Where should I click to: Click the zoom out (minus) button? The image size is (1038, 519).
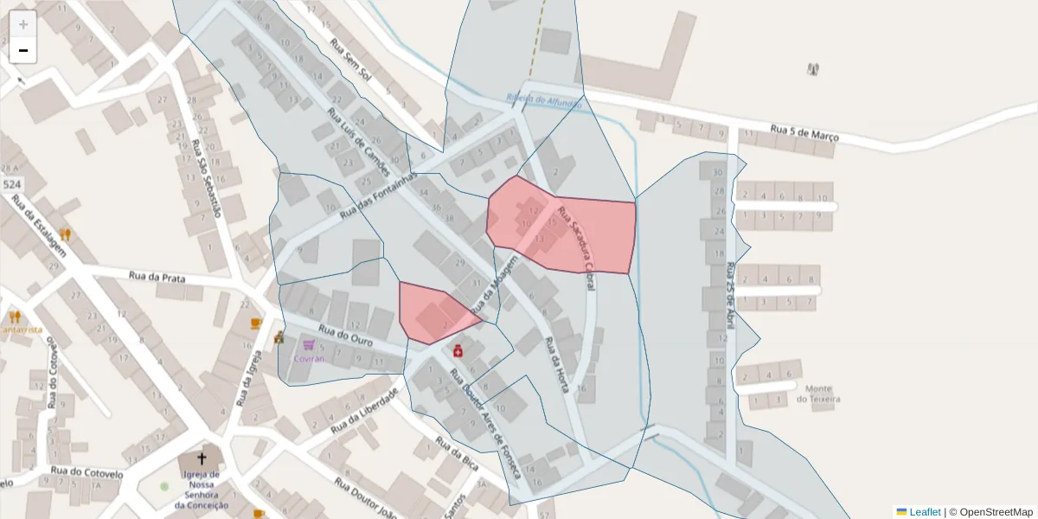(x=23, y=50)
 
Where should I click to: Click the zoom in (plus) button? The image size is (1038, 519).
(x=23, y=23)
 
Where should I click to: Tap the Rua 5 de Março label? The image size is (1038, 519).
(x=804, y=134)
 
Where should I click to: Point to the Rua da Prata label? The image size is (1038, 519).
(x=157, y=278)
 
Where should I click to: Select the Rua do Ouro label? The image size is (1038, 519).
(x=345, y=336)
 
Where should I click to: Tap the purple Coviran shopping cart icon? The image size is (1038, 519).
(x=308, y=344)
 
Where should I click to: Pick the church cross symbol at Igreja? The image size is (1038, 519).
(x=202, y=458)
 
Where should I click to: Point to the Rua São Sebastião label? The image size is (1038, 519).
(x=207, y=177)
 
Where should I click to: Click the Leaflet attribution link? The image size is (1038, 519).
(x=925, y=512)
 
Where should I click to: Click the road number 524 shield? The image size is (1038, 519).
(x=12, y=185)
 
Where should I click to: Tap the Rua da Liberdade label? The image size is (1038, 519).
(x=363, y=410)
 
